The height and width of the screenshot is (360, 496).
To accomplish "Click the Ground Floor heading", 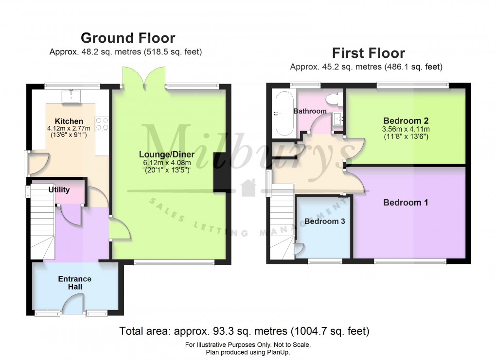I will tap(127, 38).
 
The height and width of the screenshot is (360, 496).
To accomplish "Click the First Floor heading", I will tap(368, 52).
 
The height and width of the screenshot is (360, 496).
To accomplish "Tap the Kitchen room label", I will tap(69, 121).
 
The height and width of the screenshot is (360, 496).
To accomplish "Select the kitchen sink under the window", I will tap(71, 95).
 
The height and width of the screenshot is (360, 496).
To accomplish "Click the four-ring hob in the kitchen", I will tap(102, 124).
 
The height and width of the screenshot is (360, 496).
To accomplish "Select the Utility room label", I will tap(59, 190).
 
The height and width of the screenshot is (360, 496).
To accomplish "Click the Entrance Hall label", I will tap(75, 283).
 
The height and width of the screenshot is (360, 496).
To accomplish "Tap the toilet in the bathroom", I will tap(334, 100).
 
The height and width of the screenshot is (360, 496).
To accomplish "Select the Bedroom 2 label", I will tap(406, 120).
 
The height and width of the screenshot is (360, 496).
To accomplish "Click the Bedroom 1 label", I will tap(406, 203).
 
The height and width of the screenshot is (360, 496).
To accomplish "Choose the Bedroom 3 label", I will tap(324, 222).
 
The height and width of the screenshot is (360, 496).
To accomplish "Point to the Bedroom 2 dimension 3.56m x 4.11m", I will tap(406, 129).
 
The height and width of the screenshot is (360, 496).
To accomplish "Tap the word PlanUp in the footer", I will tap(279, 352).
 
